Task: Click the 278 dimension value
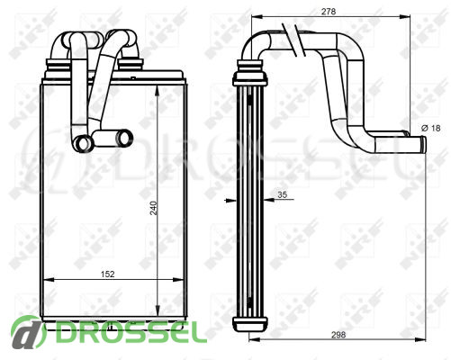pyautogui.click(x=329, y=12)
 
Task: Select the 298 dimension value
pyautogui.click(x=338, y=335)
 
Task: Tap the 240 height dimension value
pyautogui.click(x=154, y=208)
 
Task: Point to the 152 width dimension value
pyautogui.click(x=107, y=274)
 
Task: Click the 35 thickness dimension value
pyautogui.click(x=282, y=194)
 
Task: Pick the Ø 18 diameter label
pyautogui.click(x=431, y=128)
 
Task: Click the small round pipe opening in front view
pyautogui.click(x=83, y=142)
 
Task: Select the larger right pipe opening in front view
pyautogui.click(x=124, y=138)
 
